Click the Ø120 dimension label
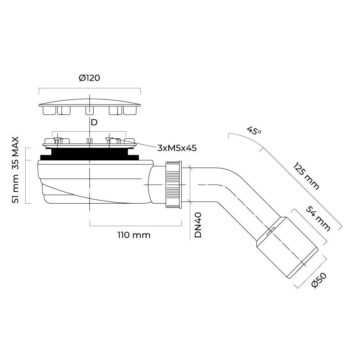pos(89,78)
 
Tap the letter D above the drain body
pos(94,123)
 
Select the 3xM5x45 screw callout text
pos(177,148)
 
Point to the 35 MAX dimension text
pos(15,153)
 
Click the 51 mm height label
pos(15,188)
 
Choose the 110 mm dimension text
pos(134,235)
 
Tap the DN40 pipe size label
pos(198,225)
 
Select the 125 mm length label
pos(306,176)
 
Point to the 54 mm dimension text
pos(318,218)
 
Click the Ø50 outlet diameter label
pos(319,280)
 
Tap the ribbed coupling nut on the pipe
pos(173,184)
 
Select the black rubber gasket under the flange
pos(90,154)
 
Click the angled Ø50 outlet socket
pos(287,248)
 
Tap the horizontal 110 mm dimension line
pos(136,226)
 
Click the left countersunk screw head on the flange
pos(57,138)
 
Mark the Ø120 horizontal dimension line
pos(90,88)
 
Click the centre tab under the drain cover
pos(90,110)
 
